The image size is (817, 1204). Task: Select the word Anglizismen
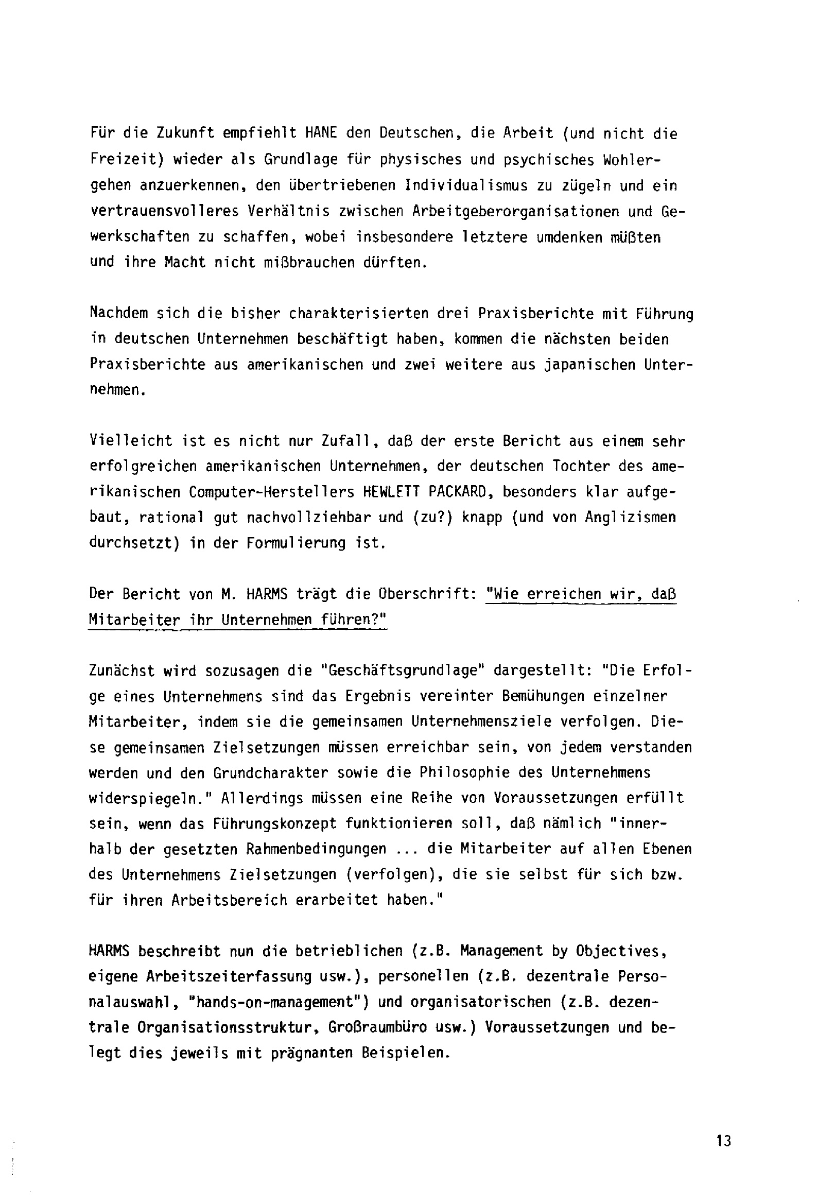(x=631, y=518)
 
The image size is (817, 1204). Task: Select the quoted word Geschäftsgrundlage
(x=403, y=671)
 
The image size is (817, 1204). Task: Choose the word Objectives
(x=618, y=952)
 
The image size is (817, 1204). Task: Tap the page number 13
(x=724, y=1141)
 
